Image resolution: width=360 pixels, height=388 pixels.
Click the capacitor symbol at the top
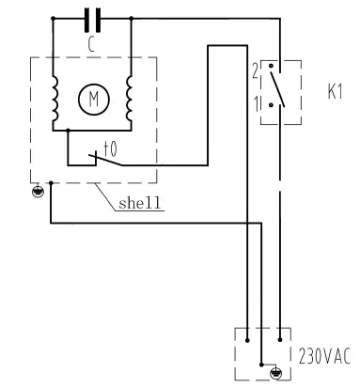(92, 17)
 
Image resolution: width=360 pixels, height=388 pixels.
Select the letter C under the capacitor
(92, 41)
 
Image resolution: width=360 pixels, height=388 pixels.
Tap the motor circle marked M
(93, 97)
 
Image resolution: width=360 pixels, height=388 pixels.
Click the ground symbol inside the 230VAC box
(274, 371)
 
